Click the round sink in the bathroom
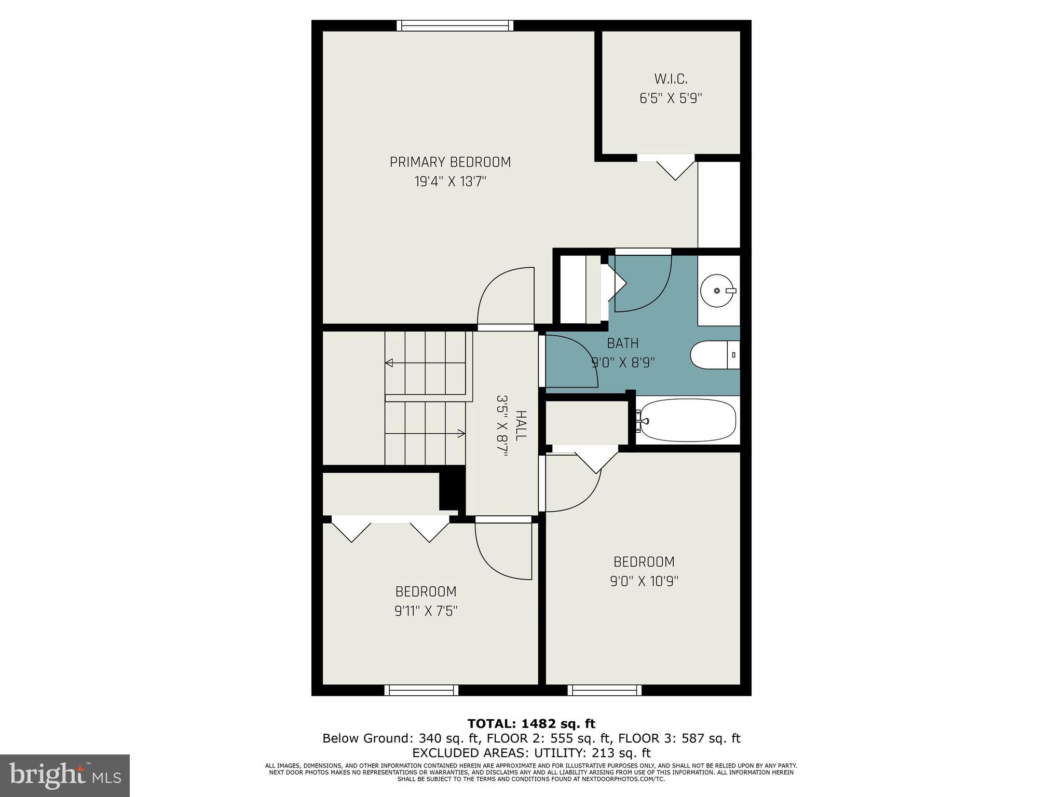click(717, 291)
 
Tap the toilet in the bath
click(714, 355)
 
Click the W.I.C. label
click(671, 79)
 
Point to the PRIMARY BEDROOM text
click(450, 162)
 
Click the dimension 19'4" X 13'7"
click(450, 182)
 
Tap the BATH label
click(622, 343)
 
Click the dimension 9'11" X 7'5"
click(426, 611)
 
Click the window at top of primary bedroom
click(455, 25)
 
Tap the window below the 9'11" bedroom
click(421, 690)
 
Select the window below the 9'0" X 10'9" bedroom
click(604, 690)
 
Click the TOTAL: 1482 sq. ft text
click(531, 724)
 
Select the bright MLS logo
click(65, 775)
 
